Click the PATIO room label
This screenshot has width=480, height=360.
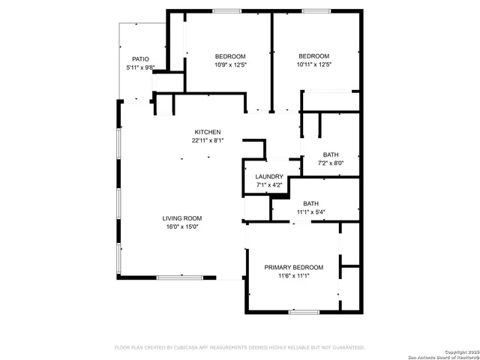click(x=140, y=58)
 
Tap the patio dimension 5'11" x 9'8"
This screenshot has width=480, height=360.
click(x=140, y=67)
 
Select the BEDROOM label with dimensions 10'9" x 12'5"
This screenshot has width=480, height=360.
click(x=230, y=56)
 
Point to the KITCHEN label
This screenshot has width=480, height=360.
click(x=208, y=132)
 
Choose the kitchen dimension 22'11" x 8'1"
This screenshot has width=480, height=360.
click(x=208, y=140)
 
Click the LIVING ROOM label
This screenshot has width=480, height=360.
click(x=182, y=218)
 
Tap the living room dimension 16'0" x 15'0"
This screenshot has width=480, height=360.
click(x=182, y=226)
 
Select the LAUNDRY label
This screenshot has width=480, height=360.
click(x=269, y=177)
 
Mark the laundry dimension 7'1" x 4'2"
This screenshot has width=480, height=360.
click(x=269, y=185)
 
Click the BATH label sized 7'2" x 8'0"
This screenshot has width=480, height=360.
click(x=331, y=154)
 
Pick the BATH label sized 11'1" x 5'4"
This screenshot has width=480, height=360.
click(x=310, y=203)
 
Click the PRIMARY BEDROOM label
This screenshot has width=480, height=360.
click(x=293, y=267)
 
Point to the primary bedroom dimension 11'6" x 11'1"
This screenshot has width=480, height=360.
click(x=293, y=276)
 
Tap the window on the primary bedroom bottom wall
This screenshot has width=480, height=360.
click(x=304, y=311)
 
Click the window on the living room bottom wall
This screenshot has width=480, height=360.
click(x=179, y=277)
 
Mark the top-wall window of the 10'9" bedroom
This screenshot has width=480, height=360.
click(x=227, y=10)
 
